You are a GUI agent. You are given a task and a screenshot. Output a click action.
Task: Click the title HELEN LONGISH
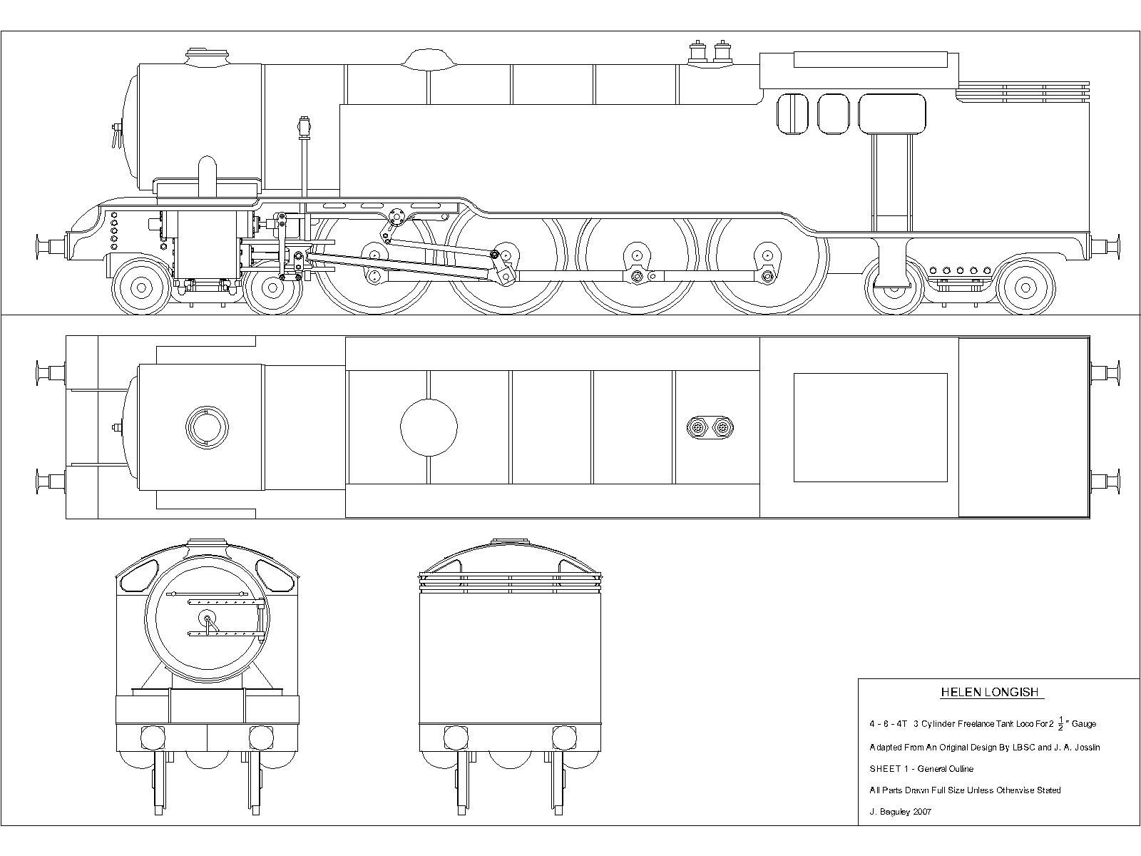point(991,692)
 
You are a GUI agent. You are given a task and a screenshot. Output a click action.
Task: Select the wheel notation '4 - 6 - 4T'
point(887,724)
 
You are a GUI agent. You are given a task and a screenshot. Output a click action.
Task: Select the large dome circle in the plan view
point(429,427)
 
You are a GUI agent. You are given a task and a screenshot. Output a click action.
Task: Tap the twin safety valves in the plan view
point(710,428)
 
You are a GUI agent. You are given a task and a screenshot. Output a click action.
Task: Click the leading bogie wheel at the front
point(141,287)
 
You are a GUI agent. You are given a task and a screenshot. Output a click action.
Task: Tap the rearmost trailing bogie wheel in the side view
point(1025,287)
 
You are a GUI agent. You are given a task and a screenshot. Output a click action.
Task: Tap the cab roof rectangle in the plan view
point(870,427)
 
